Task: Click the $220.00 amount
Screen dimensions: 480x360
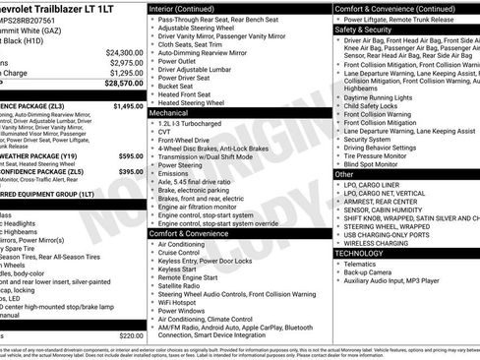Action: [x=130, y=335]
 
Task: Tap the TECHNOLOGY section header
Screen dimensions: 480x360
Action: [x=359, y=253]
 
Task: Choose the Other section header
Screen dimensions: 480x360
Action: [x=344, y=173]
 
